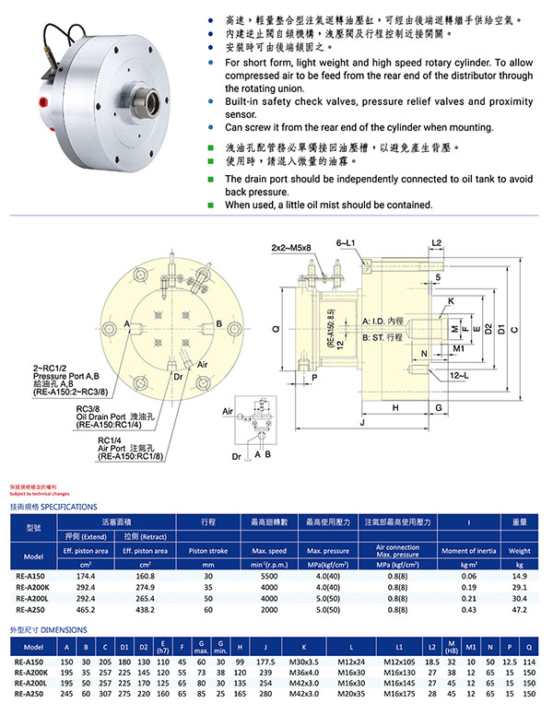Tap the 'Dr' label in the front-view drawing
177,377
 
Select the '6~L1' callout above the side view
347,240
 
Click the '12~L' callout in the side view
460,377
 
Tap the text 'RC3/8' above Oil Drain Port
88,408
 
